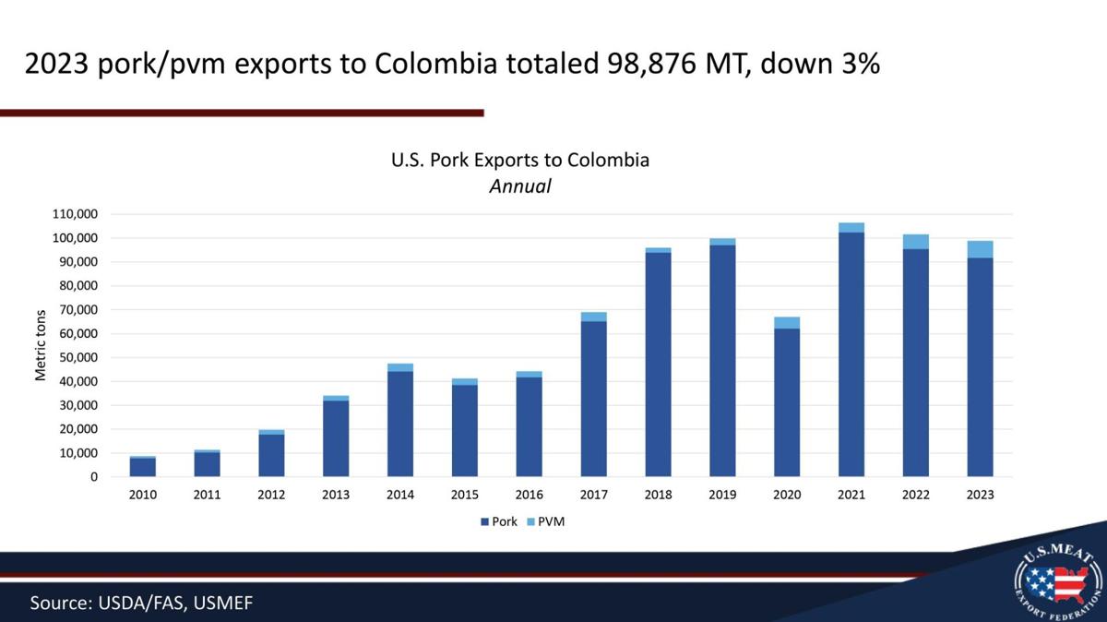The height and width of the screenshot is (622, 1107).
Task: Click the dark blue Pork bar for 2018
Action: click(x=658, y=365)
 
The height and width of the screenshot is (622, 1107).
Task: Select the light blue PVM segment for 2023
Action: click(x=980, y=250)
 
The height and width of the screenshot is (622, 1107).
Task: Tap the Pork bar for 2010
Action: click(x=143, y=467)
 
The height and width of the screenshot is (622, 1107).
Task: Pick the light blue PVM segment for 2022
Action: click(x=916, y=242)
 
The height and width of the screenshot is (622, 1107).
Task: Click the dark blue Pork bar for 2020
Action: click(x=787, y=402)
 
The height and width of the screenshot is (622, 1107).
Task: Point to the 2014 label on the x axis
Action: click(x=400, y=495)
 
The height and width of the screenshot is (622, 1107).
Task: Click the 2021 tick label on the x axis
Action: click(x=851, y=495)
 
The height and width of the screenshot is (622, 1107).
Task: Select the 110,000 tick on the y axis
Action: click(x=75, y=214)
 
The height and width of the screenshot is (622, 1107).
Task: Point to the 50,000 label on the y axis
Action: click(x=78, y=357)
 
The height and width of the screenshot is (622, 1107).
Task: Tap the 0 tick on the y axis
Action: click(x=94, y=477)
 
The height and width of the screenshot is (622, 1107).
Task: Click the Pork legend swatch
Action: click(x=484, y=521)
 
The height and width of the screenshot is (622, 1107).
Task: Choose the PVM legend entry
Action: click(x=545, y=521)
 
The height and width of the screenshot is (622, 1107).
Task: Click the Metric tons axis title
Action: click(x=41, y=346)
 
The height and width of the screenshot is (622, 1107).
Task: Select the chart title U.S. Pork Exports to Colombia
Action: click(x=520, y=161)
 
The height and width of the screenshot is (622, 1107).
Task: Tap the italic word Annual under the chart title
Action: click(x=520, y=186)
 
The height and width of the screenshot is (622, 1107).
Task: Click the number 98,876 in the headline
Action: click(x=652, y=64)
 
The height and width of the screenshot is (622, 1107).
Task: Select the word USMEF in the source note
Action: click(x=223, y=604)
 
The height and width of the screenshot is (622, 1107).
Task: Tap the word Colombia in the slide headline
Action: click(x=435, y=64)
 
